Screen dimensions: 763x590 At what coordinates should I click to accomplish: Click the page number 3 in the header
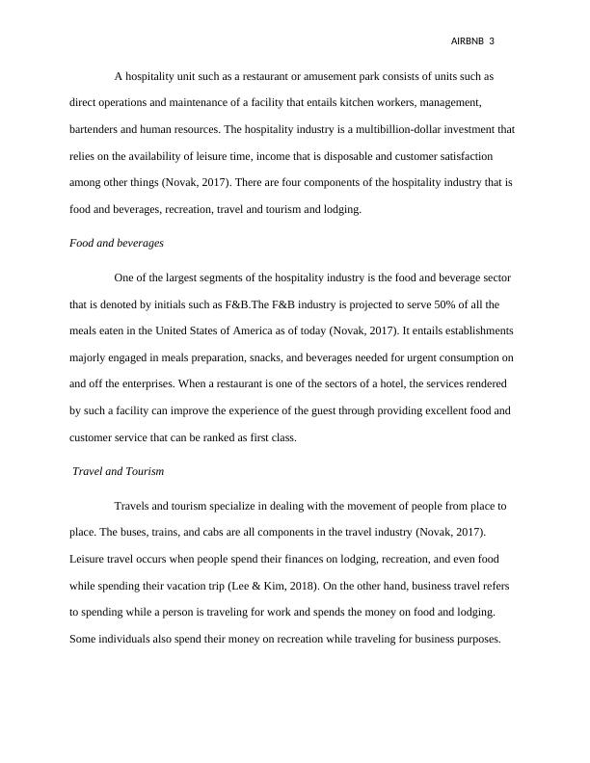(x=492, y=41)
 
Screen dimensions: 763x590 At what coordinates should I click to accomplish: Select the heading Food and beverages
(x=117, y=243)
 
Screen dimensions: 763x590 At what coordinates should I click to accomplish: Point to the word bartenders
(x=96, y=128)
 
